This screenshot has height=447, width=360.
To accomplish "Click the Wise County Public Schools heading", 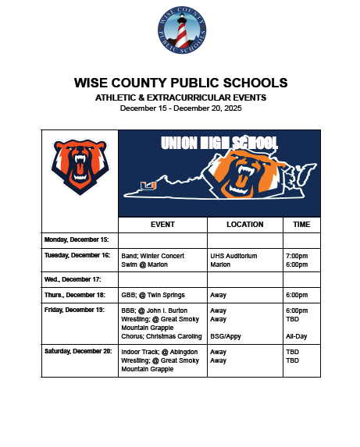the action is tap(180, 83).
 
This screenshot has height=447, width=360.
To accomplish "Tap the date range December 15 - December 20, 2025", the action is tap(180, 108).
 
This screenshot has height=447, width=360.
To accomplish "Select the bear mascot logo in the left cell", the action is tap(79, 166).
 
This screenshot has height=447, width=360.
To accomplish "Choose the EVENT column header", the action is tap(162, 225).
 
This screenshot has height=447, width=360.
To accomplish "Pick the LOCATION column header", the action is tap(244, 225).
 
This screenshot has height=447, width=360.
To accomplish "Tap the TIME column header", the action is tap(301, 225).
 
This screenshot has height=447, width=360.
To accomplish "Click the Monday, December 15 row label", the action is tap(77, 239).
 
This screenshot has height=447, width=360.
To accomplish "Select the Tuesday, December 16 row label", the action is tap(77, 255).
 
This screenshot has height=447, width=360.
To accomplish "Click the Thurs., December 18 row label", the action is tap(75, 295).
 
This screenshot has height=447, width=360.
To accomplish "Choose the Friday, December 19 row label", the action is tap(75, 310).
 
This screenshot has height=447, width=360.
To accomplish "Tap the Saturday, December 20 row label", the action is tap(77, 352).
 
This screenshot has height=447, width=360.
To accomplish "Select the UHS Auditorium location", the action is tap(233, 255).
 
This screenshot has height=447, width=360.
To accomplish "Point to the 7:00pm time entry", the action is tap(297, 255).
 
